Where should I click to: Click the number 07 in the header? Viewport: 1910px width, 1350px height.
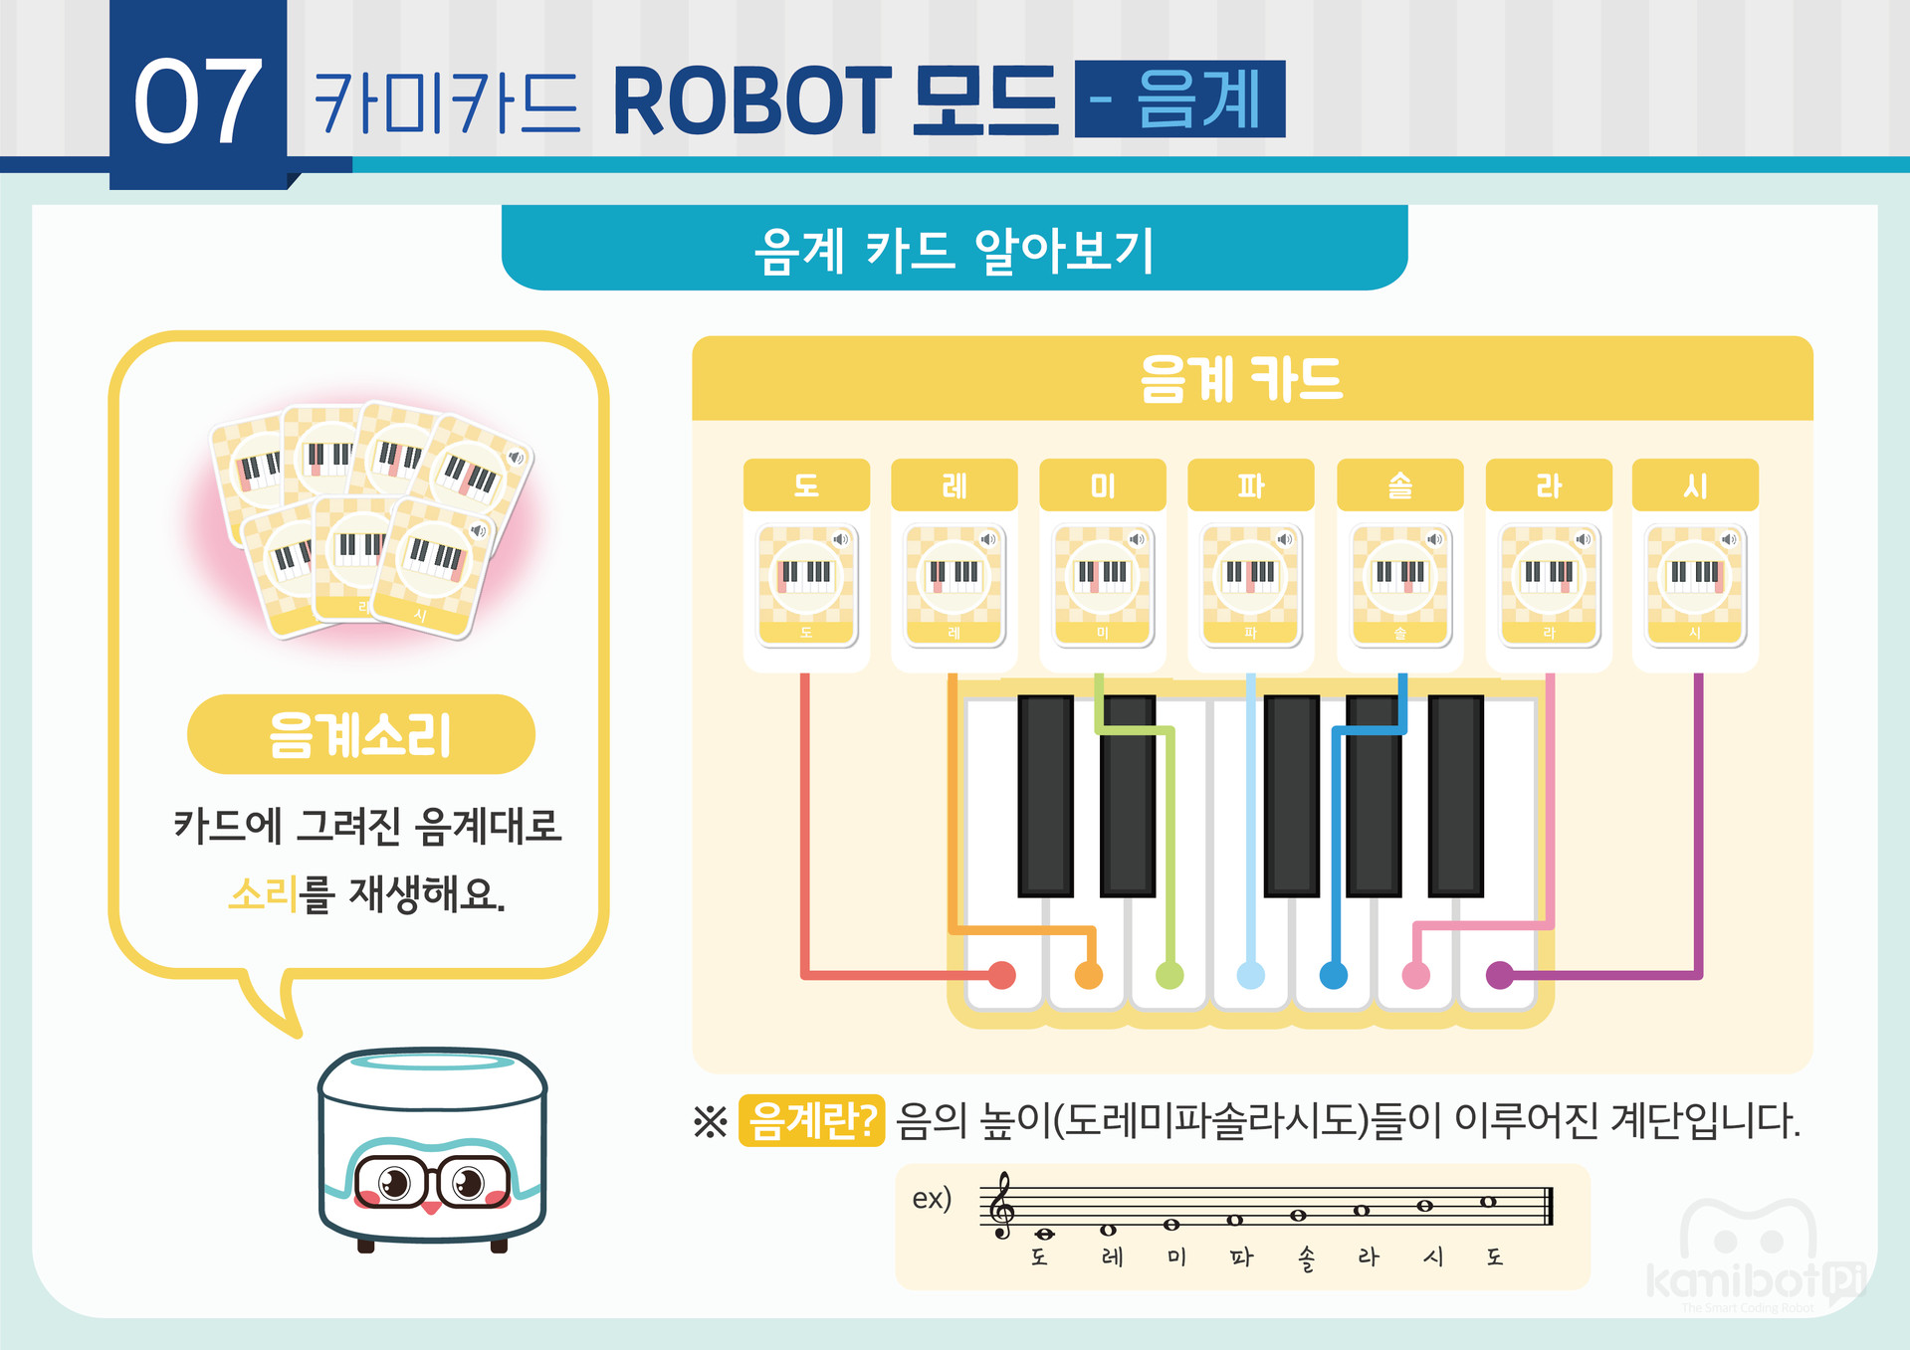pos(198,100)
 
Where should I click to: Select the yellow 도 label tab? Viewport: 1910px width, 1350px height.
pos(806,485)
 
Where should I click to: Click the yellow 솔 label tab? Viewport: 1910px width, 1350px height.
pos(1399,485)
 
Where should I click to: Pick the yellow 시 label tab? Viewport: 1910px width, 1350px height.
pos(1695,485)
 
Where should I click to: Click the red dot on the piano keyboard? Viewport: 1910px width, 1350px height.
pos(1002,975)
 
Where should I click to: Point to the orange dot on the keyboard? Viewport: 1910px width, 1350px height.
pos(1089,975)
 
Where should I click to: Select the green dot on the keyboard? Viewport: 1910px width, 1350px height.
pos(1169,975)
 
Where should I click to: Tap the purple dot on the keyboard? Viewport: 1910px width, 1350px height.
pos(1499,975)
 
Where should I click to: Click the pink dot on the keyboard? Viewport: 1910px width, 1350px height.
pos(1415,975)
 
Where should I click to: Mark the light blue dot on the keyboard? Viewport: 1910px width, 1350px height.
pos(1251,975)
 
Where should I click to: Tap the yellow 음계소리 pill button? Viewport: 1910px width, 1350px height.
pos(360,735)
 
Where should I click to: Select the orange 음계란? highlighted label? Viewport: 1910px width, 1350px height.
pos(811,1121)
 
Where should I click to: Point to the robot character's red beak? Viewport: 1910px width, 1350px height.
pos(431,1208)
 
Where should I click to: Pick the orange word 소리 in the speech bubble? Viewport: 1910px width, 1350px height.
pos(263,894)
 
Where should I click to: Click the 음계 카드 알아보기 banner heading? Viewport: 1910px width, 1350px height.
pos(954,249)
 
